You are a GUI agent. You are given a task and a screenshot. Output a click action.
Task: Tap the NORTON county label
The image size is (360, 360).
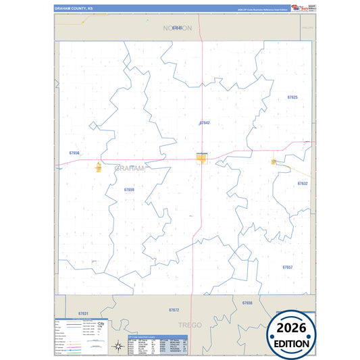click(x=178, y=28)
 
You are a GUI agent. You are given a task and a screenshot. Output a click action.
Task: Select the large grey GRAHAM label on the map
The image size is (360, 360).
click(x=129, y=168)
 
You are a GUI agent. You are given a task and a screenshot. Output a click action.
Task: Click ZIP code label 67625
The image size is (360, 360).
click(x=292, y=97)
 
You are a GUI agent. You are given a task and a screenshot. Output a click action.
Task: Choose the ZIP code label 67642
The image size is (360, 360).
click(x=205, y=123)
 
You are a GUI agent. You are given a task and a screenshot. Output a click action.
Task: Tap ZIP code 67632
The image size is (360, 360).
click(x=303, y=183)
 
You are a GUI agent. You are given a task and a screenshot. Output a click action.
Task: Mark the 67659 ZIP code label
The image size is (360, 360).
click(x=129, y=190)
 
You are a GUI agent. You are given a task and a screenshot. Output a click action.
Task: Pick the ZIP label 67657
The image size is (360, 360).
click(x=287, y=267)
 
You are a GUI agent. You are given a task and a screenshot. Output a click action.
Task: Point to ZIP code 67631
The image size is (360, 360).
click(x=83, y=314)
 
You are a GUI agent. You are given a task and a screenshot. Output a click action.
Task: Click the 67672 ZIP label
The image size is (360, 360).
click(x=174, y=309)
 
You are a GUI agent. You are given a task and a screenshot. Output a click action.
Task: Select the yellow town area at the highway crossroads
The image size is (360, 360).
click(x=201, y=157)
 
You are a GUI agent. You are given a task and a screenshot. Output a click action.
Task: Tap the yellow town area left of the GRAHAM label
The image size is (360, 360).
click(x=99, y=166)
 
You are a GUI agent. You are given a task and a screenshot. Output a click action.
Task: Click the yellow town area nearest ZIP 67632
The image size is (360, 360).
click(x=274, y=161)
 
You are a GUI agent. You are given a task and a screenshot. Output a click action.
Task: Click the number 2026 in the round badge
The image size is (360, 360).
click(x=292, y=328)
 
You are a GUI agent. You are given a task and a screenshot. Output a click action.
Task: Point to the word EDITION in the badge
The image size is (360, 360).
click(x=292, y=342)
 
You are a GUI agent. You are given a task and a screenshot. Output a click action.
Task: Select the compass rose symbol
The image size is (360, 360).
click(x=101, y=326)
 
